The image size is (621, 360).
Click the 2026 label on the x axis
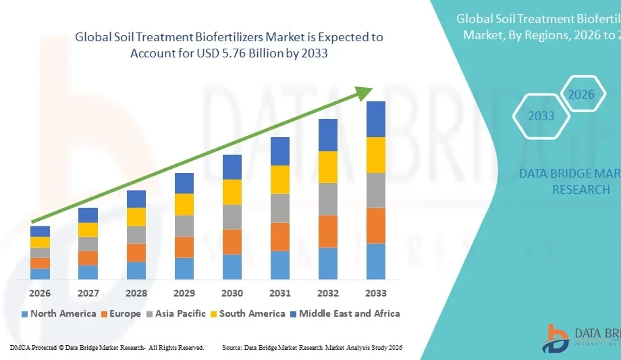click(40, 293)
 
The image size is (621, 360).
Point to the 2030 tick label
click(232, 293)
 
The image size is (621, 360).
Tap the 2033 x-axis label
click(376, 293)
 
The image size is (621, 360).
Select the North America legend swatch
click(25, 314)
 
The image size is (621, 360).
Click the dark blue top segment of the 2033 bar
click(376, 119)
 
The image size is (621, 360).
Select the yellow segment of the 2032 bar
click(328, 167)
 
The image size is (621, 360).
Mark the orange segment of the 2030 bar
click(232, 241)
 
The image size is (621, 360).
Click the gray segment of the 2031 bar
click(280, 208)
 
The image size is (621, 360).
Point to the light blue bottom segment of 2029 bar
click(184, 268)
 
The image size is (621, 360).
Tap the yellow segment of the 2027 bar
click(88, 230)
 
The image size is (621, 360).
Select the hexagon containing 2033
click(541, 116)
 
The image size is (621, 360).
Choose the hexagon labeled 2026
click(580, 95)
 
